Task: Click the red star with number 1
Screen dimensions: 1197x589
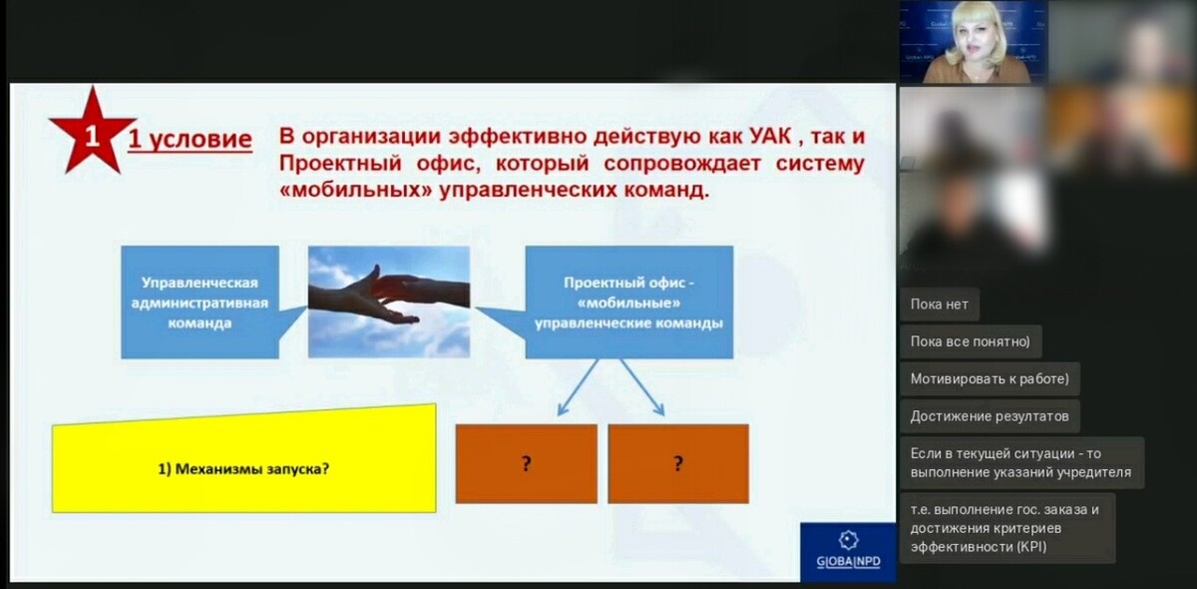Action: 93,134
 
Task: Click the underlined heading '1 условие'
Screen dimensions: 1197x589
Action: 190,140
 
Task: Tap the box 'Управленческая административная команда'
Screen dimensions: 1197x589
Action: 199,302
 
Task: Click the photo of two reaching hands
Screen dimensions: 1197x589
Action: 389,301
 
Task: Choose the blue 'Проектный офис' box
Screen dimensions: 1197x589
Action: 629,302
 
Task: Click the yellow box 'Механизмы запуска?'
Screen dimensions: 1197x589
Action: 244,459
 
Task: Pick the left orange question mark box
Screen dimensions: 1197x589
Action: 527,464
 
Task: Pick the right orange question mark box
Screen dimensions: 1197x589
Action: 678,464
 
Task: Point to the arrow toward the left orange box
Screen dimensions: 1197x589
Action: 578,386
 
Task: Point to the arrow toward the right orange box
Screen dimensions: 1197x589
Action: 642,386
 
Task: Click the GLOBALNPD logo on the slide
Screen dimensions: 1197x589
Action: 848,551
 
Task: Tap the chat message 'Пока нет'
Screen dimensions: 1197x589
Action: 940,304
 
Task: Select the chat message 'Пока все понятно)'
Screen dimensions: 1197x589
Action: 971,341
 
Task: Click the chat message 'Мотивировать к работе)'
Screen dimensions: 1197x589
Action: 990,378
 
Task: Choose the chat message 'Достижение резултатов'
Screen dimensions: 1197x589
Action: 990,416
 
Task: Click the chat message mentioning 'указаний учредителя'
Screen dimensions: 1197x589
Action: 1021,463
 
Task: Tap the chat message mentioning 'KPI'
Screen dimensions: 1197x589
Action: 1007,528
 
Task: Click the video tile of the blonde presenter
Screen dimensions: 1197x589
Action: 974,42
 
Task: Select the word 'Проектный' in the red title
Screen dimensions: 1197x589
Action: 340,163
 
